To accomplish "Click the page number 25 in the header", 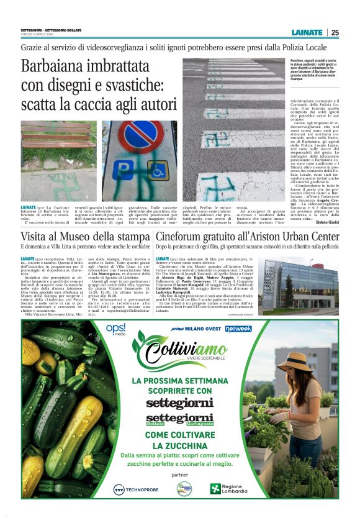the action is [335, 32].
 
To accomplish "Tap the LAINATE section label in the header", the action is [307, 32].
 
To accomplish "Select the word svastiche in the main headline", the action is [133, 84].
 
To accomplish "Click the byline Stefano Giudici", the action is [326, 222].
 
